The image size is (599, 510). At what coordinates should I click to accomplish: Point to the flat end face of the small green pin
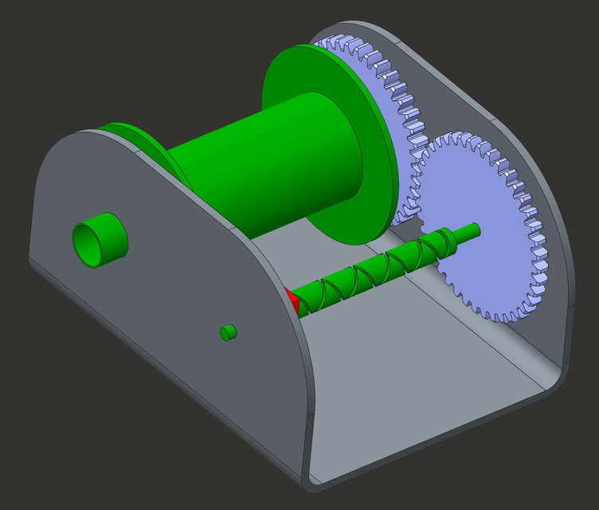225,331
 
